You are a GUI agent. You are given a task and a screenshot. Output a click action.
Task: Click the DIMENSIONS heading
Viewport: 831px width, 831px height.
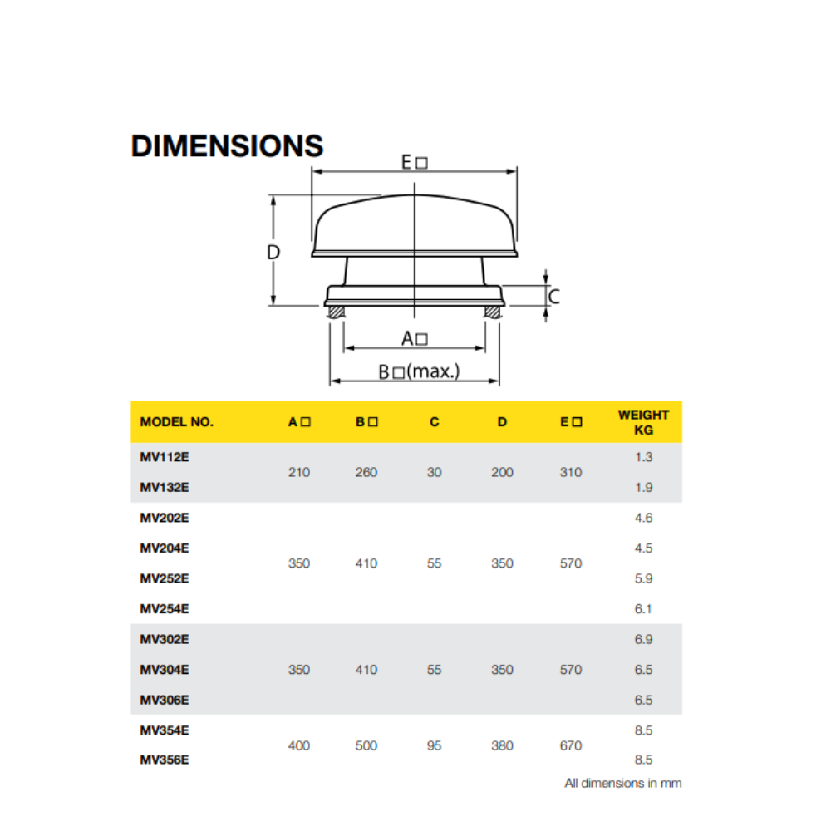tap(227, 145)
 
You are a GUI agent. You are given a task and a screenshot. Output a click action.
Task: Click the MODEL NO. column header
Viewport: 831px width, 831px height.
tap(176, 422)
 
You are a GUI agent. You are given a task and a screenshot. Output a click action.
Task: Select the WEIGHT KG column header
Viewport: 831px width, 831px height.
tap(643, 422)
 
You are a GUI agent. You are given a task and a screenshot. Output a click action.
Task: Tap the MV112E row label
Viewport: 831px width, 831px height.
tap(165, 457)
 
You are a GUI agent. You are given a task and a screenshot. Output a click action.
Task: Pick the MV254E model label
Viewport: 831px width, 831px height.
tap(165, 609)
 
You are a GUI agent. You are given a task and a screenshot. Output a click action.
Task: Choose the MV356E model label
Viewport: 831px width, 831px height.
tap(165, 760)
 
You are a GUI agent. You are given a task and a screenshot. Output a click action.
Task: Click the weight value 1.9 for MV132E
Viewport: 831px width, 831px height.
tap(643, 487)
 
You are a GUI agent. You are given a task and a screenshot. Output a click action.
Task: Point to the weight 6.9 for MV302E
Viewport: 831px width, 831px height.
tap(643, 639)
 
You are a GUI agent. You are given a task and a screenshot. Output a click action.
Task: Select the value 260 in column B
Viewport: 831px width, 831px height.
tap(366, 472)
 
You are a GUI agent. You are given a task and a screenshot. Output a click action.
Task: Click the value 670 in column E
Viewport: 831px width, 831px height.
tap(571, 745)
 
